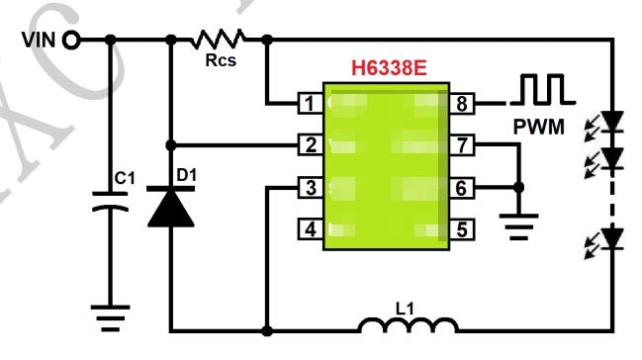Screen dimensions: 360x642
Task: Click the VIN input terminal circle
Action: pyautogui.click(x=71, y=41)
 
